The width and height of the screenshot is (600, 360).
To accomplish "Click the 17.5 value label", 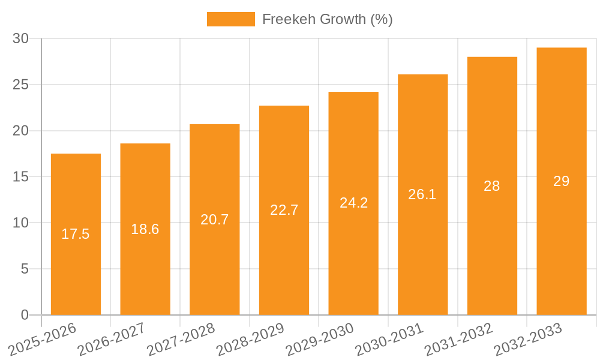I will click(76, 234).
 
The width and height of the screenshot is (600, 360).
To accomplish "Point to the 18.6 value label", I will click(145, 229).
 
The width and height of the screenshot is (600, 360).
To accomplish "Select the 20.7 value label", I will click(215, 220).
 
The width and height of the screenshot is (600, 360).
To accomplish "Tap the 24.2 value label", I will click(353, 203).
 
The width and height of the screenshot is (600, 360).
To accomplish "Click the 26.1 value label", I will click(422, 194).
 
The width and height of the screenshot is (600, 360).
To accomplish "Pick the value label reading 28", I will click(492, 186).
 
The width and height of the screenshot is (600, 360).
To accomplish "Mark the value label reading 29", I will click(562, 181).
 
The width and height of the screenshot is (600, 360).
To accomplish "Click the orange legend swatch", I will click(230, 19).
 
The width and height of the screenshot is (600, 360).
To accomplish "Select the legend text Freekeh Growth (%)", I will click(328, 19).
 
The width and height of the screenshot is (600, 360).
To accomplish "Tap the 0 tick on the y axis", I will click(25, 315).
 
